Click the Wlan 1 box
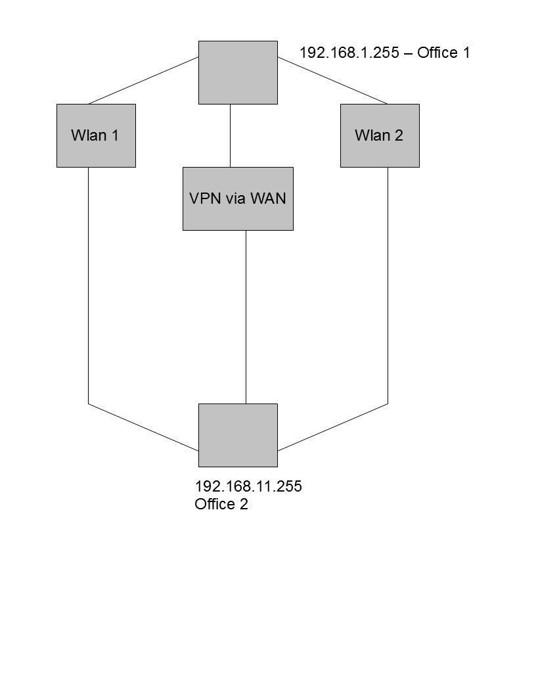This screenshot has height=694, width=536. tap(96, 135)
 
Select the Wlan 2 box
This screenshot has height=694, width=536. tap(380, 135)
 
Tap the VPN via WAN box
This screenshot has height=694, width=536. tap(238, 198)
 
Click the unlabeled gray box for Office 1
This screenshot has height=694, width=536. tap(238, 72)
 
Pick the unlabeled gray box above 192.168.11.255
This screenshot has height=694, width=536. tap(238, 435)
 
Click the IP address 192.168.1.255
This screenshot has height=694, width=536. tap(349, 53)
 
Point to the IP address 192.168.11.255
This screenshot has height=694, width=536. tap(248, 486)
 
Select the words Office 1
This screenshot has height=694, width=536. tap(443, 53)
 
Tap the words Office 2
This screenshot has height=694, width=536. tap(221, 504)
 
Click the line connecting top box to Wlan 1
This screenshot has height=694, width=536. tap(143, 80)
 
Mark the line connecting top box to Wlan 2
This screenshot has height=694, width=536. tap(332, 80)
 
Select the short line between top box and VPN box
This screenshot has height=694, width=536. tap(230, 135)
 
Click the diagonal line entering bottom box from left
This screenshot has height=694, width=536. tap(143, 427)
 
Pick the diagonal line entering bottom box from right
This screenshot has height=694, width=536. tap(332, 427)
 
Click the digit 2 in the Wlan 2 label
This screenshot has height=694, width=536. tap(399, 135)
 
